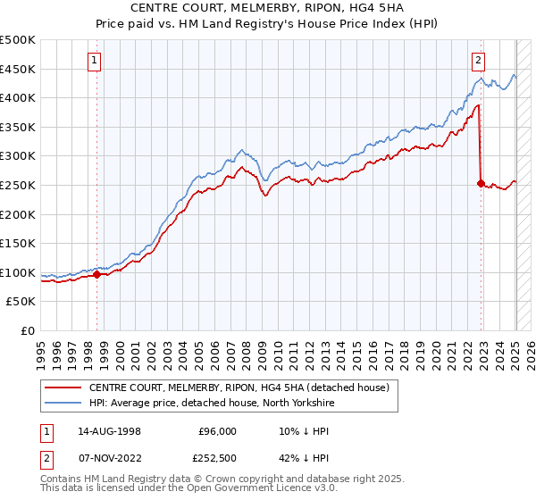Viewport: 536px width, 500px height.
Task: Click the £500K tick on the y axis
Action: point(18,40)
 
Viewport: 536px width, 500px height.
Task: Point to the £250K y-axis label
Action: point(18,185)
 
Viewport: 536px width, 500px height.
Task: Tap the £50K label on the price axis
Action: point(21,301)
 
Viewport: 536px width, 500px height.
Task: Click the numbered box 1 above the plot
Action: point(95,61)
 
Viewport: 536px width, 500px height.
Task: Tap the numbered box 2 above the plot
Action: point(478,61)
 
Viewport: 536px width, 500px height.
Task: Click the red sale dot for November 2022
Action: point(481,184)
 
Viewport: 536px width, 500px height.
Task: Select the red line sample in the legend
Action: point(64,388)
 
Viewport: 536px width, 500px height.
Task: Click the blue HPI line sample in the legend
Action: point(64,404)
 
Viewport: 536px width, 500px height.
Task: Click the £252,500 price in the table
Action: point(217,459)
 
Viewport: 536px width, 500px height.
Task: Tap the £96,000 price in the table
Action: point(217,430)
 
